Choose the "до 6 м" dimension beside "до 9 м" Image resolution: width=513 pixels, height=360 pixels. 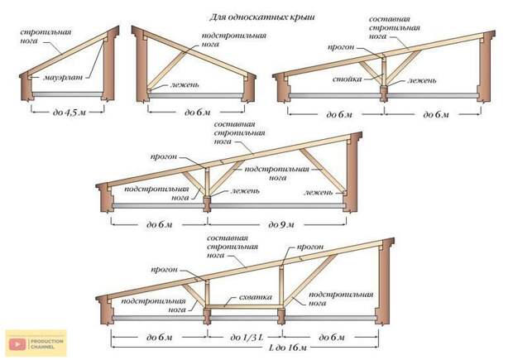155,223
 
